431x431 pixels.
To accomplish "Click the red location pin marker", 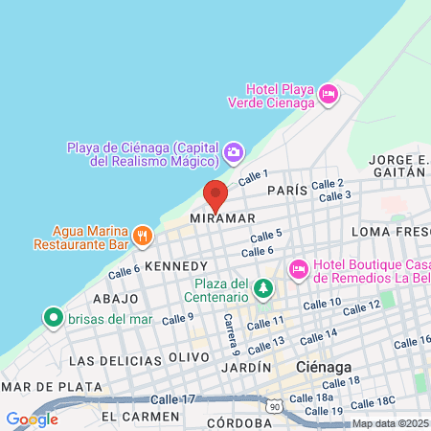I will [215, 194].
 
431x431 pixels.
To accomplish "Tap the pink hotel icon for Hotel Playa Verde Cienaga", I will [329, 93].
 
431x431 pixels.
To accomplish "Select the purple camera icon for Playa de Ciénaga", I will [233, 152].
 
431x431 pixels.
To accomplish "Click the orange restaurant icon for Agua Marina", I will [142, 235].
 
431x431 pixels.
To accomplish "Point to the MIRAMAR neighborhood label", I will [219, 218].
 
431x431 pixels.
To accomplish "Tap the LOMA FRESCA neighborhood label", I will [391, 232].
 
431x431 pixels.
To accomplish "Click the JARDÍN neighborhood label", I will [239, 368].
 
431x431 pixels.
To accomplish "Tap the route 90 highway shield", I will [275, 408].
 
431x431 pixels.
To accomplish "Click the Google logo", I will [32, 419].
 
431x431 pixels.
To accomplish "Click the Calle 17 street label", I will [173, 397].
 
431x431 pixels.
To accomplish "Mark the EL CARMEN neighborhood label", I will [140, 417].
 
